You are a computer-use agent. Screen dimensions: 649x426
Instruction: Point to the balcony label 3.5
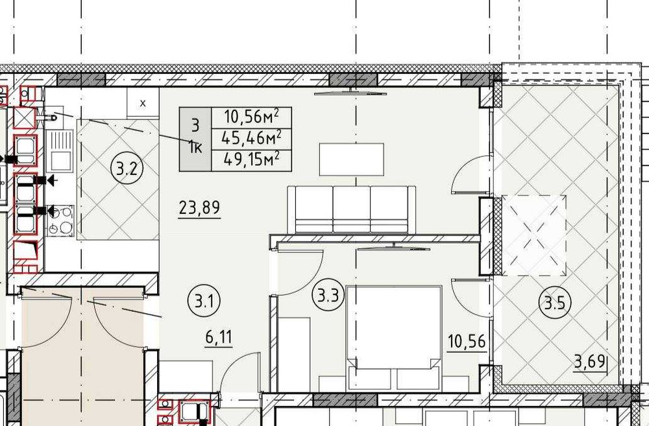tap(555, 303)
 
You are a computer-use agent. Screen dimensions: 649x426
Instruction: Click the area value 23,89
tap(199, 207)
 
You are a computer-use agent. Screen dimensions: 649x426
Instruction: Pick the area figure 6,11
tap(219, 338)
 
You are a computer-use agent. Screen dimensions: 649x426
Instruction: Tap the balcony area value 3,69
tap(590, 362)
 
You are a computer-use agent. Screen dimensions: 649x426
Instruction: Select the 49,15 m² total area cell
tap(251, 160)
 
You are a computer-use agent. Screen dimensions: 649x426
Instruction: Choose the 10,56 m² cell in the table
tap(251, 117)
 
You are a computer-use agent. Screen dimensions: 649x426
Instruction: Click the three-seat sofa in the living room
tap(351, 209)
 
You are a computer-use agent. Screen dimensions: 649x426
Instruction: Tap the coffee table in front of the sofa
tap(351, 160)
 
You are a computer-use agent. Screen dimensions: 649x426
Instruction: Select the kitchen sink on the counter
tap(60, 150)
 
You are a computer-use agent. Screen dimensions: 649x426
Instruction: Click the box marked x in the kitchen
tap(143, 103)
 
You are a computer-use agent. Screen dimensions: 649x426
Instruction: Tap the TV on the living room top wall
tap(350, 92)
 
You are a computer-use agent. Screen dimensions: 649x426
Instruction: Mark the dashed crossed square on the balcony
tap(534, 235)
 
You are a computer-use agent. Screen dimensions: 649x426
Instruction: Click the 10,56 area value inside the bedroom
tap(467, 342)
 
